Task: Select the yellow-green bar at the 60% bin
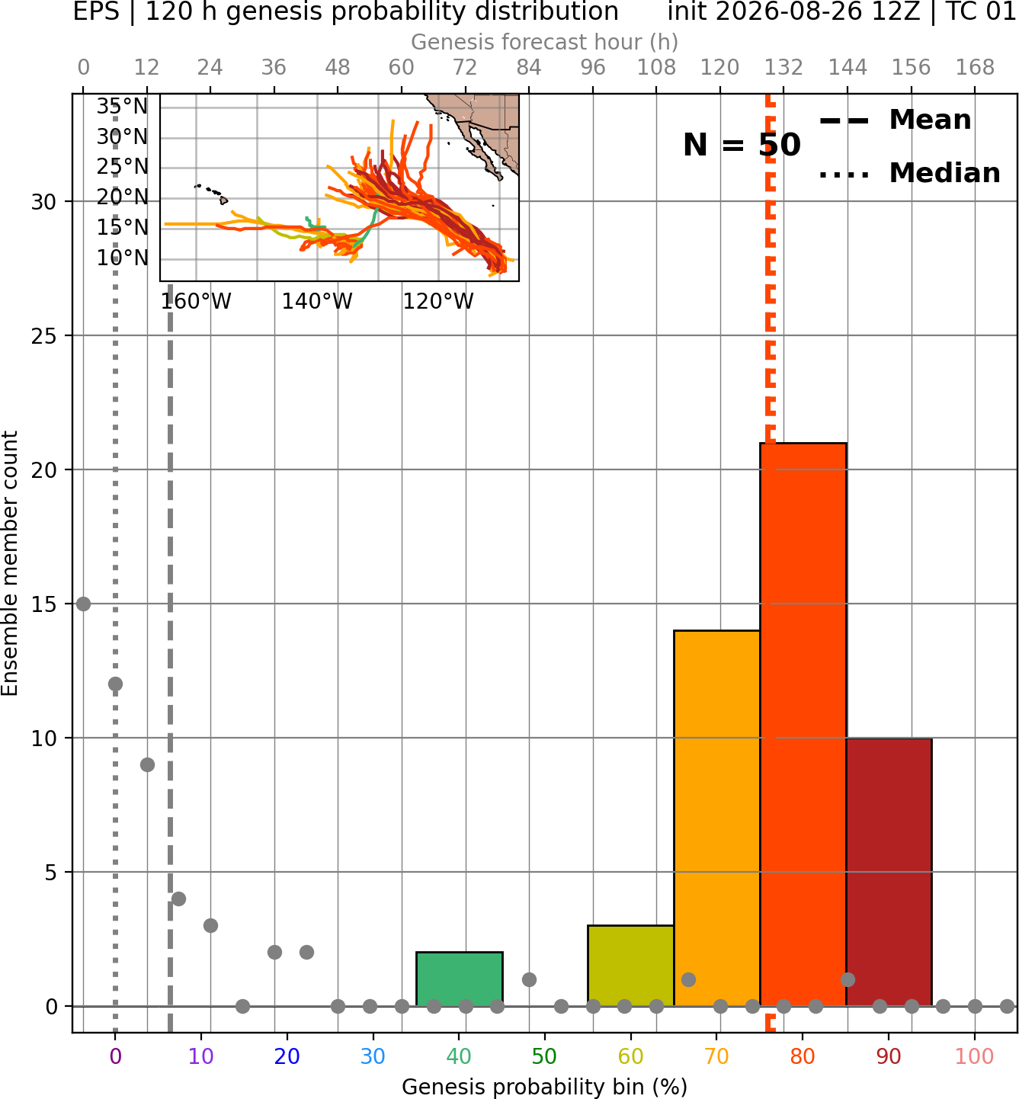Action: tap(630, 966)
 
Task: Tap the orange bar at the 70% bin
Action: tap(716, 818)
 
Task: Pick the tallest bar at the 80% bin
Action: tap(803, 724)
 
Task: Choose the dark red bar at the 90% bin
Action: tap(889, 872)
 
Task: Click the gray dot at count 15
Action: tap(83, 604)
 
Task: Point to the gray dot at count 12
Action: tap(115, 684)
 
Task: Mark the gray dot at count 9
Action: tap(147, 764)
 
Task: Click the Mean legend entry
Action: tap(895, 120)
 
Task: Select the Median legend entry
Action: tap(909, 173)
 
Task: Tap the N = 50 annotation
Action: tap(742, 145)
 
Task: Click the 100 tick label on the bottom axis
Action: tap(975, 1056)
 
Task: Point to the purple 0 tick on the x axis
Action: tap(115, 1056)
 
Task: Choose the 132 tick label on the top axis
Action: tap(783, 68)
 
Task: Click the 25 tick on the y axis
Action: tap(44, 336)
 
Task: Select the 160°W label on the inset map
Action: tap(196, 302)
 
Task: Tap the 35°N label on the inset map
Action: tap(122, 106)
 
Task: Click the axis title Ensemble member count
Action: tap(9, 563)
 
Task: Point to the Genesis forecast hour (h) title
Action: tap(545, 42)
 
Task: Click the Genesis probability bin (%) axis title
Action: tap(545, 1086)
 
